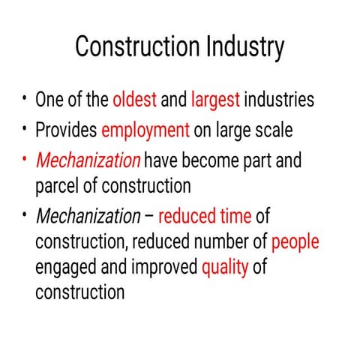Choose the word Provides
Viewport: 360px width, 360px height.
[x=66, y=130]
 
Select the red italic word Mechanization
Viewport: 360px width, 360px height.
[x=88, y=160]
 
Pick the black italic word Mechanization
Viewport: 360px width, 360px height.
[x=88, y=217]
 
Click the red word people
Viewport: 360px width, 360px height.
[x=295, y=242]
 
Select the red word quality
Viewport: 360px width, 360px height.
[x=225, y=267]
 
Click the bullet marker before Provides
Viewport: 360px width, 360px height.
[x=25, y=127]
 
